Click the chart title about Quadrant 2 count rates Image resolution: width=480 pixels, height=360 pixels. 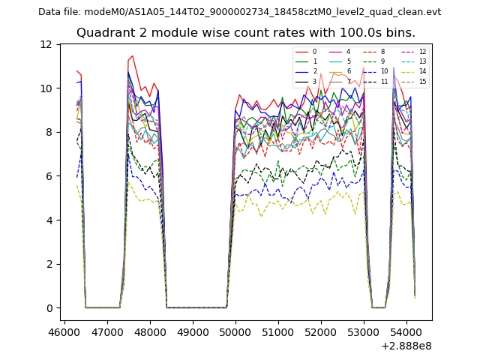[x=246, y=33]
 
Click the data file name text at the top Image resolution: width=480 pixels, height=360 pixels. [x=239, y=12]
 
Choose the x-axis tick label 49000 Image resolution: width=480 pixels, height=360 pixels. [x=193, y=331]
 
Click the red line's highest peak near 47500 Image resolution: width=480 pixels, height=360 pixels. [x=133, y=56]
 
